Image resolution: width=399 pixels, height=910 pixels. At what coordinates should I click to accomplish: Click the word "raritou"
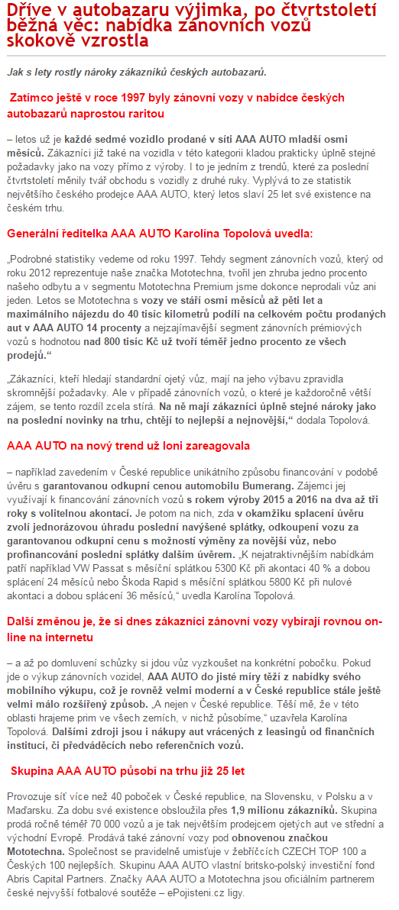(141, 113)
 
